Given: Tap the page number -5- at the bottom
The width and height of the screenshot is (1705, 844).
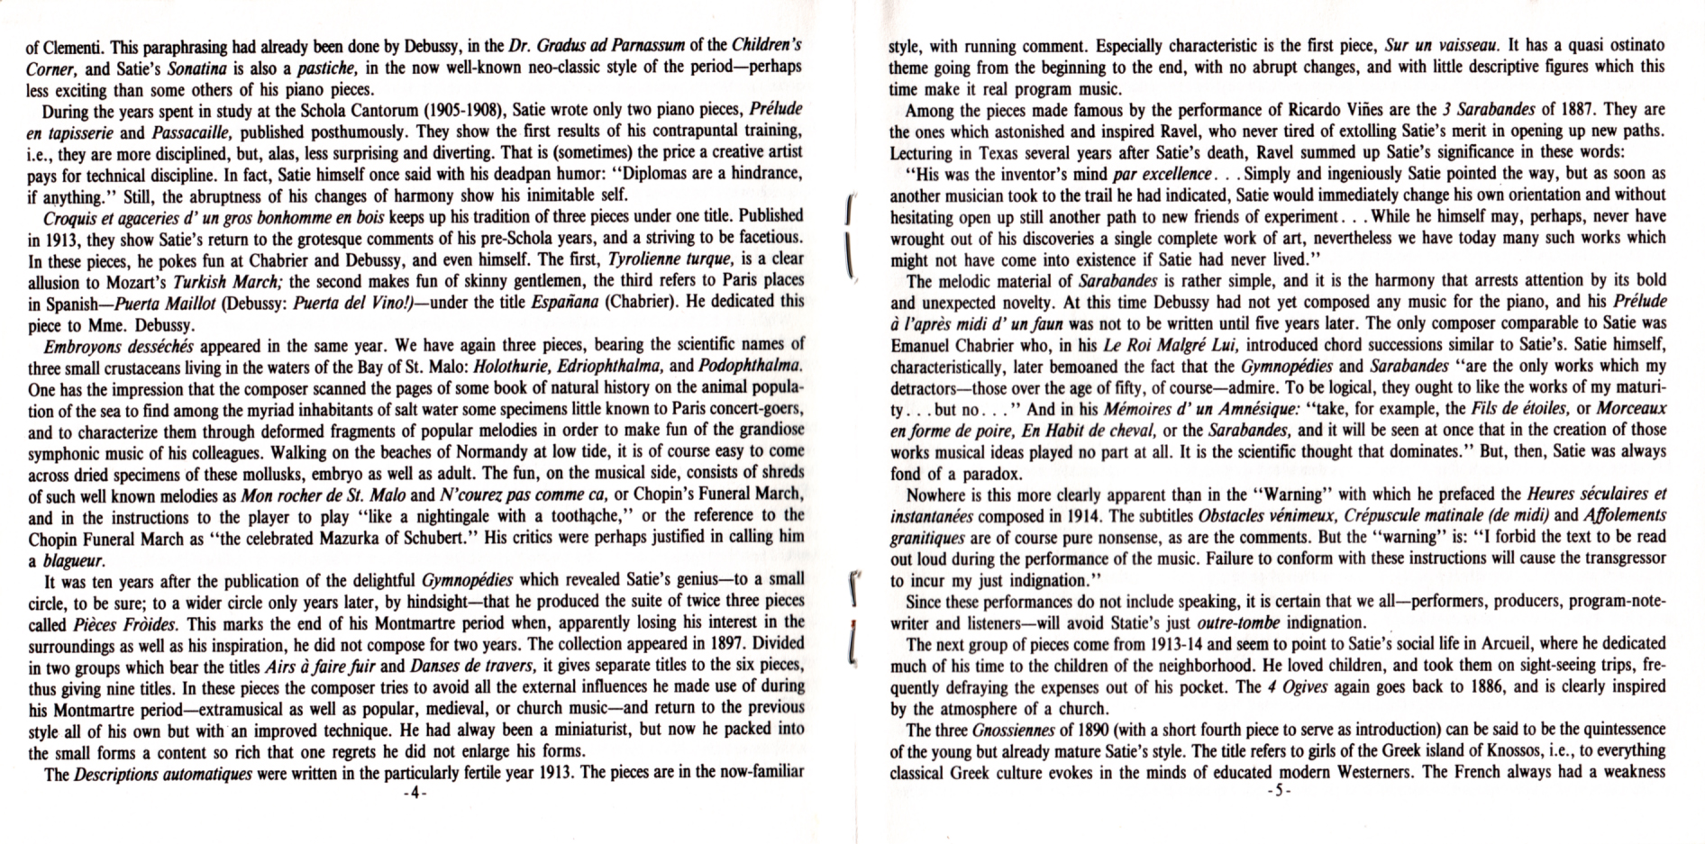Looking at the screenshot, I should click(1278, 793).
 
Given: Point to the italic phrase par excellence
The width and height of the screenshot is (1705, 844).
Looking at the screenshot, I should click(1162, 174).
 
